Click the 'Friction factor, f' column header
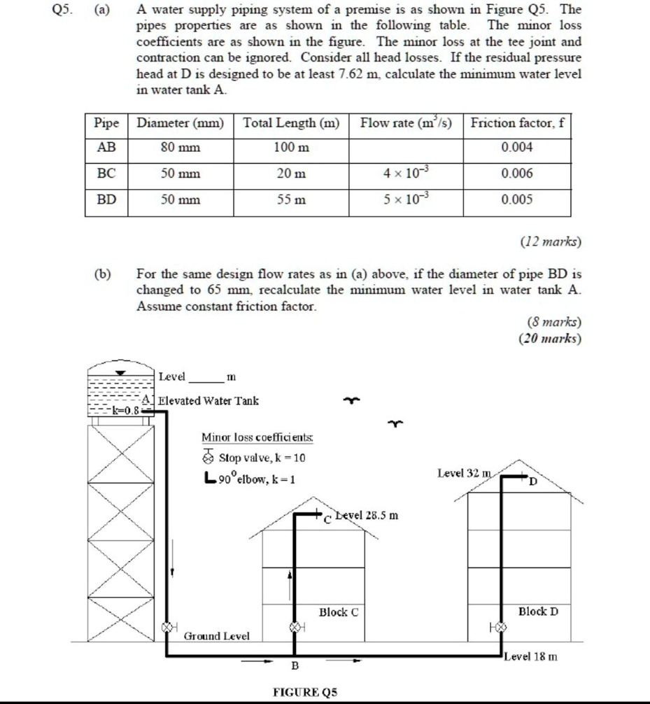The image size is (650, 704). (x=516, y=124)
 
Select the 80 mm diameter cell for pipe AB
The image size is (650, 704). (x=180, y=148)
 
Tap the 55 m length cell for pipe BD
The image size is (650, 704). (x=290, y=199)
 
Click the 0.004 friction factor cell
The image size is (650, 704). (x=516, y=148)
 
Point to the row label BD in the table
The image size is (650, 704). (x=106, y=199)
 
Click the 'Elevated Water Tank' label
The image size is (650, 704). (x=209, y=401)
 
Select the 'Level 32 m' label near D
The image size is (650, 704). (x=463, y=473)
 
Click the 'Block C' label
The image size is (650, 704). (x=339, y=612)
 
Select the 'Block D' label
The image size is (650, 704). (x=538, y=611)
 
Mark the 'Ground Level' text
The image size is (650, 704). (x=216, y=636)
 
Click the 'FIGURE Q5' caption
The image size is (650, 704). (x=305, y=691)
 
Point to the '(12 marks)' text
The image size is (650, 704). (x=550, y=242)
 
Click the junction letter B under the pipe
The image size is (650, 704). (x=295, y=665)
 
